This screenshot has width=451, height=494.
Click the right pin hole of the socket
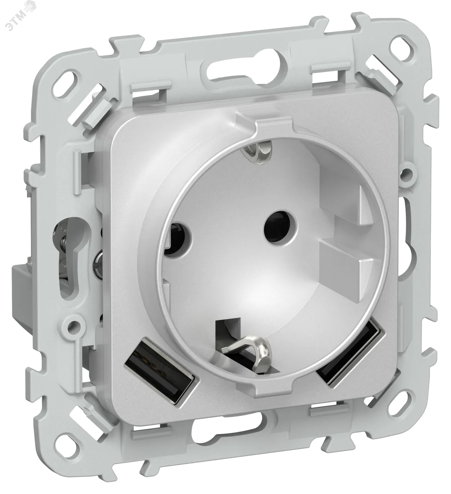click(280, 227)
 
